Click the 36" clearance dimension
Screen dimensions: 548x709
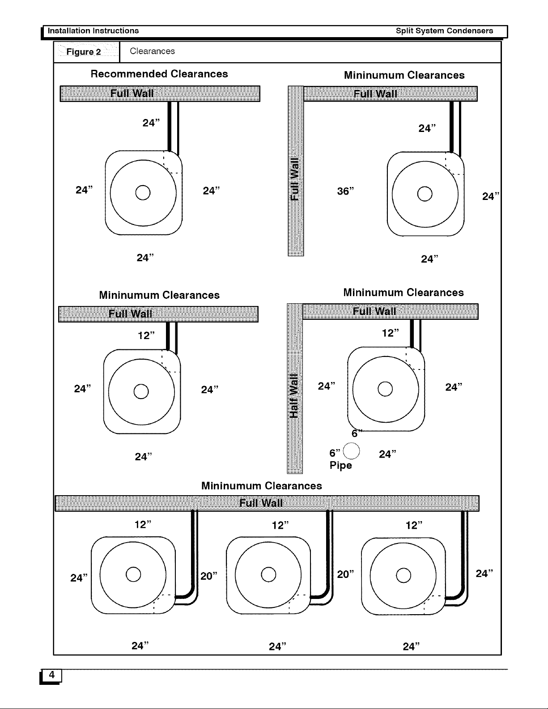pos(345,191)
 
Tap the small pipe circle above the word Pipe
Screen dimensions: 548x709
pos(351,451)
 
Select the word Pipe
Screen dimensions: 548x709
pos(340,465)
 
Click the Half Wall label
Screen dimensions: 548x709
pos(294,396)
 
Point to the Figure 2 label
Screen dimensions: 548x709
pos(84,52)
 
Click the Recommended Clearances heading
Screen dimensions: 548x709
pos(159,74)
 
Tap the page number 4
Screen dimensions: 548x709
pos(51,675)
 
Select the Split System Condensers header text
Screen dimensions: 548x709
pos(444,31)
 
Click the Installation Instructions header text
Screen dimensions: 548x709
pos(93,31)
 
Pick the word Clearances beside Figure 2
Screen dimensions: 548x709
pos(153,51)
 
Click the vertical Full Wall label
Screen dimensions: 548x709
pos(295,179)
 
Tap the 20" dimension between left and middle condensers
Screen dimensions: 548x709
pos(209,576)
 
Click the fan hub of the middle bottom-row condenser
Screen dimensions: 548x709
pos(268,574)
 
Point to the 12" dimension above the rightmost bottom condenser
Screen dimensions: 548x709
pos(414,525)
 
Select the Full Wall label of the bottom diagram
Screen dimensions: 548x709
pos(261,503)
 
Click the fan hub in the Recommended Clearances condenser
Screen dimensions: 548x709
pos(143,192)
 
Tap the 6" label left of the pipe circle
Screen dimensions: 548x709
pos(335,453)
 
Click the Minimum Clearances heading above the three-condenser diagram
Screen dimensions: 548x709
pos(262,485)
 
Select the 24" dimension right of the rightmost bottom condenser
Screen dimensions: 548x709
pos(484,573)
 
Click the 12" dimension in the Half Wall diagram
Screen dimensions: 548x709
pos(391,333)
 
